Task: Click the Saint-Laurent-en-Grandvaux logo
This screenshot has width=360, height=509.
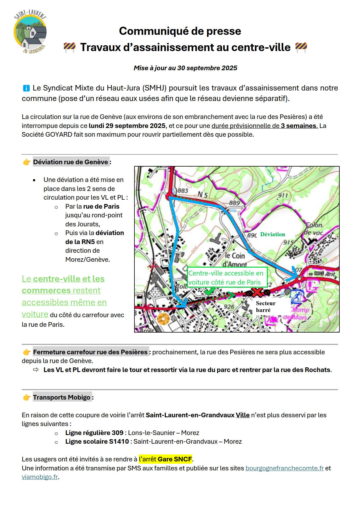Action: coord(30,32)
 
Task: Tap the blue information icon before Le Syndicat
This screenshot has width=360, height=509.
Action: coord(26,88)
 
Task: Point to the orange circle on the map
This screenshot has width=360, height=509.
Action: coord(163,319)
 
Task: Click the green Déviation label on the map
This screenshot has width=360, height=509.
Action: coord(272,234)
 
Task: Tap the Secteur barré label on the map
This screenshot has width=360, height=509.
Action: coord(265,306)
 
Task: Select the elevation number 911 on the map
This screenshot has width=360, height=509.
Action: coord(282,195)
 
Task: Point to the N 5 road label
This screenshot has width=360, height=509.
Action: coord(202,194)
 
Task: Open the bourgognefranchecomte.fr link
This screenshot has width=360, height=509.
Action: coord(285,468)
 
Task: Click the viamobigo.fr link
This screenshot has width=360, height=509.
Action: coord(40,477)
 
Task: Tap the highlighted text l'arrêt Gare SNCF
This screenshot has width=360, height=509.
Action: coord(165,459)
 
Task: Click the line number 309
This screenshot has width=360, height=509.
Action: coord(118,433)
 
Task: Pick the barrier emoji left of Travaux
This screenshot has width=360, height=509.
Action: coord(70,47)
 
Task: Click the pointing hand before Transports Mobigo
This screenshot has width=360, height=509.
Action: coord(27,397)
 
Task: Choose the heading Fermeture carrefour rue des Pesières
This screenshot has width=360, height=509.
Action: coord(90,352)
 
